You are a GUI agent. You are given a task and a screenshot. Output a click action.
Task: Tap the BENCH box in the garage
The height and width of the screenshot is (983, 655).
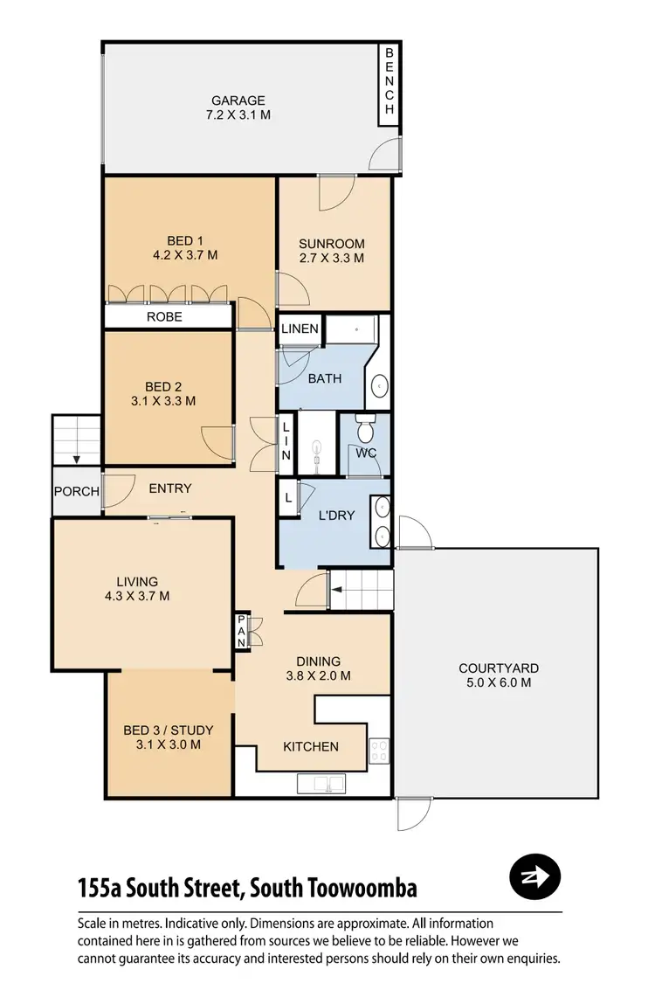tap(390, 80)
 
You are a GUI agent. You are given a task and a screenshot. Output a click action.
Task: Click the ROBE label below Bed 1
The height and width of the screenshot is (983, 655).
tap(164, 316)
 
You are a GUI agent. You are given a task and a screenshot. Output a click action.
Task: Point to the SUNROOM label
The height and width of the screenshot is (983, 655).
tap(331, 244)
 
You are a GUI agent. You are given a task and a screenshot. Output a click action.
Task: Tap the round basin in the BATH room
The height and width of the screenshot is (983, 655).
tap(382, 385)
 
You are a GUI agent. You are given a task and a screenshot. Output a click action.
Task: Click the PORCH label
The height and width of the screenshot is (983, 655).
tap(76, 492)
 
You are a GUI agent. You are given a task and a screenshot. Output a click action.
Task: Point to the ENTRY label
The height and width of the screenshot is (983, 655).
tap(169, 488)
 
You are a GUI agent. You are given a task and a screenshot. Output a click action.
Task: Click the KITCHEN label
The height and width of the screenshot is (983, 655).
tap(310, 746)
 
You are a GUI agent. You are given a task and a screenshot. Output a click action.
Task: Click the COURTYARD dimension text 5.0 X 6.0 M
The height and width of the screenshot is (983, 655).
tap(494, 683)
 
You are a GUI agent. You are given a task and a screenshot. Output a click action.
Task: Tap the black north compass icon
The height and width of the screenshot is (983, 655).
tap(534, 876)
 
